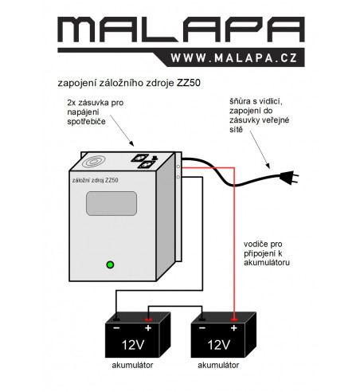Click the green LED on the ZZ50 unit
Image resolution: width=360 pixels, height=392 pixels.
point(110,265)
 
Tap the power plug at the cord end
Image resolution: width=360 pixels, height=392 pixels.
point(289,177)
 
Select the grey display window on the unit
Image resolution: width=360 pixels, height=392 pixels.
point(112,203)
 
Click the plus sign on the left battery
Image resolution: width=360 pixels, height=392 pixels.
point(148,328)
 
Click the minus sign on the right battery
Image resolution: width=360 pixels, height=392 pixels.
point(202,328)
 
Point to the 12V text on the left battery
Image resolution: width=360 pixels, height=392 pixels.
point(133,345)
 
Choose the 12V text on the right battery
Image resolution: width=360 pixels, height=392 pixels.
point(218,345)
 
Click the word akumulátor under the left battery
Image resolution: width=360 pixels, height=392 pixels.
point(132,365)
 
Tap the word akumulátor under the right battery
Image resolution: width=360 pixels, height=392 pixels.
point(218,365)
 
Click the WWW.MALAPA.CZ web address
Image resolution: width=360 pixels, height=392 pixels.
point(234,58)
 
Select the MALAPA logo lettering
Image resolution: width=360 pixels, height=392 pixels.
point(181,29)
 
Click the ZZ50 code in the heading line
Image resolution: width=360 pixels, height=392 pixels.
point(189,83)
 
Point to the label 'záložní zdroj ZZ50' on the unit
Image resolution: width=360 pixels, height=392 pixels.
point(95,180)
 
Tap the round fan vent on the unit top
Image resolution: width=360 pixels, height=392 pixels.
point(93,162)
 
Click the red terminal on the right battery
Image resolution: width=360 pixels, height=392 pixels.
point(234,319)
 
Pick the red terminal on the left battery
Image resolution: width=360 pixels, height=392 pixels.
point(148,319)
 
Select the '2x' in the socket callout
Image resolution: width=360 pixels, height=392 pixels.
point(72,103)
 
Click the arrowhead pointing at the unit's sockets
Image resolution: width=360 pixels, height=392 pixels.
point(131,144)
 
